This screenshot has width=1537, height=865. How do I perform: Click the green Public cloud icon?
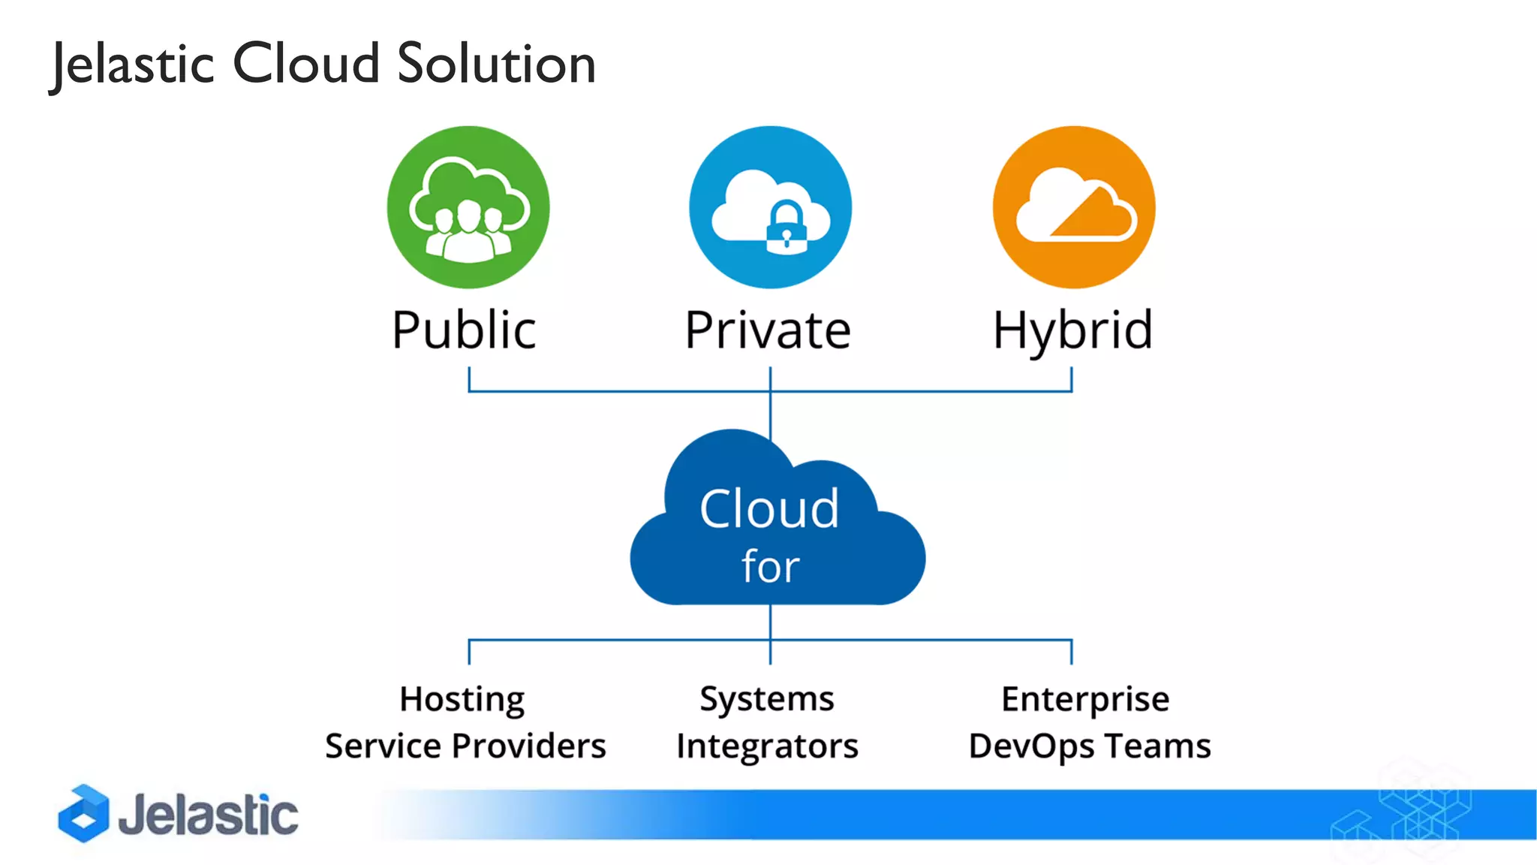(x=468, y=206)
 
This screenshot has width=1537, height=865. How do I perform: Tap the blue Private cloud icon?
(x=770, y=206)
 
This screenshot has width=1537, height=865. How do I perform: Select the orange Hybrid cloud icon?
(x=1073, y=206)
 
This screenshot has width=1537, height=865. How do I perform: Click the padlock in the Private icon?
(x=786, y=228)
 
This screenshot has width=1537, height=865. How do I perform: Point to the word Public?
(x=464, y=330)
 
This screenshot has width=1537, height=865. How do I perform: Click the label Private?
(x=768, y=330)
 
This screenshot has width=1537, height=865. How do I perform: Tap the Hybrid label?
(x=1072, y=330)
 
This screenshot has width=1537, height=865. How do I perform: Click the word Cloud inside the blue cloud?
(x=769, y=509)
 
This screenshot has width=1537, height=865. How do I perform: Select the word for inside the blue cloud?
(x=770, y=566)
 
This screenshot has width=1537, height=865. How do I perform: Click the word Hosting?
(x=462, y=700)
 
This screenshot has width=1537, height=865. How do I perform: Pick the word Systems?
(x=767, y=700)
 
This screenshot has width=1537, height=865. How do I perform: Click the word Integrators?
(x=767, y=746)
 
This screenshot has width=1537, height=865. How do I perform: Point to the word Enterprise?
(x=1085, y=700)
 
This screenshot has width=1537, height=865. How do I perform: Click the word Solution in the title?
(x=496, y=64)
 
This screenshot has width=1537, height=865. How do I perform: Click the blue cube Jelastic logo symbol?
(x=83, y=813)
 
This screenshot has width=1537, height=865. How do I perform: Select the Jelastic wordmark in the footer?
(x=208, y=815)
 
